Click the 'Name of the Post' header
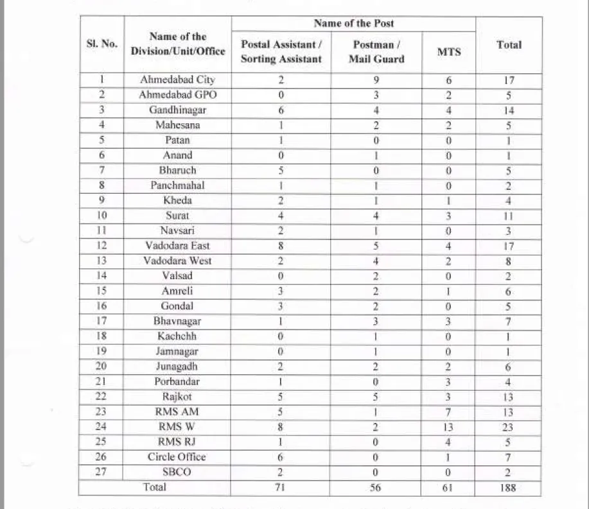(x=353, y=24)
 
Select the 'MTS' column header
(x=449, y=52)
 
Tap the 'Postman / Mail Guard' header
(x=376, y=52)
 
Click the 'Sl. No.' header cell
(x=102, y=44)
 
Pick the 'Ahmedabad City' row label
(x=177, y=80)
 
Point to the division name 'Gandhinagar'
(x=177, y=110)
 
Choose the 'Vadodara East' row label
(x=177, y=245)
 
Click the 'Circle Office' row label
(x=177, y=457)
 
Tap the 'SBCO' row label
(x=177, y=472)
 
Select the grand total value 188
(x=508, y=488)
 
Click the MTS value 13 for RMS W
(x=449, y=427)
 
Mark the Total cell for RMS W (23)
(x=508, y=427)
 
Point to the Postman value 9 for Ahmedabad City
(x=376, y=80)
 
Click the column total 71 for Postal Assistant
(x=281, y=488)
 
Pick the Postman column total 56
(x=376, y=488)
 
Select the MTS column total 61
(x=449, y=488)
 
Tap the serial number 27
(x=102, y=472)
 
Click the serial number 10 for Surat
(x=102, y=216)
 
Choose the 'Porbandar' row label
(x=177, y=381)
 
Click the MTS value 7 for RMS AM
(x=449, y=411)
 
